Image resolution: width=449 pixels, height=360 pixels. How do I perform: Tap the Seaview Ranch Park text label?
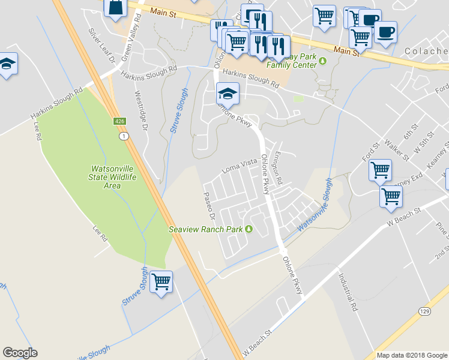tap(206, 229)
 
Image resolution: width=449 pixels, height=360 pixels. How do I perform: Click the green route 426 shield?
tap(119, 122)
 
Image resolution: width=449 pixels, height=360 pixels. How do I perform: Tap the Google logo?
tap(20, 353)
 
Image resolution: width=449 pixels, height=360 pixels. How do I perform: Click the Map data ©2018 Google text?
tap(411, 355)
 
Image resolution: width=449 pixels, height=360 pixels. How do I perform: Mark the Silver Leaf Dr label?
tap(100, 45)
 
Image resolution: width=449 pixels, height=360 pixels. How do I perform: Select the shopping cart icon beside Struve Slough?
tap(161, 281)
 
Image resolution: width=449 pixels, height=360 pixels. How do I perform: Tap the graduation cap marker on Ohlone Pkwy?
tap(228, 93)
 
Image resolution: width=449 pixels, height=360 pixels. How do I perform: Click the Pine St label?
tap(442, 231)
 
